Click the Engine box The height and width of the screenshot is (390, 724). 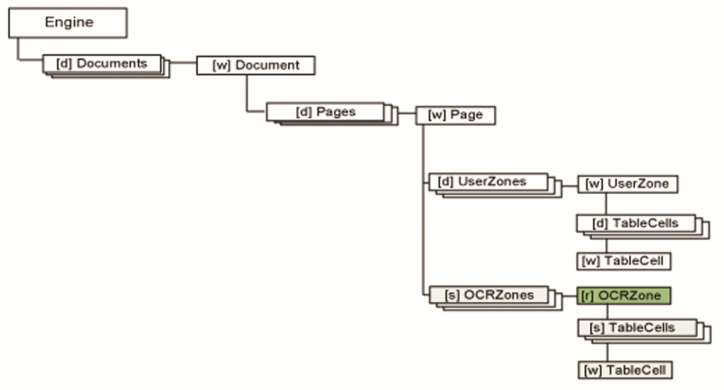pyautogui.click(x=68, y=23)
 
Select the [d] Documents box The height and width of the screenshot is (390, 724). pyautogui.click(x=102, y=63)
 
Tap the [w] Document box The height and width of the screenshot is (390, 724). pyautogui.click(x=256, y=65)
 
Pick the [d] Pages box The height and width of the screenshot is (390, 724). pyautogui.click(x=325, y=112)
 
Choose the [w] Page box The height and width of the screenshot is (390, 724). pyautogui.click(x=455, y=115)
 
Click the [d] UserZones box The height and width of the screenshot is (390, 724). pyautogui.click(x=488, y=182)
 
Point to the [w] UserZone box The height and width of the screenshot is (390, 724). pyautogui.click(x=627, y=184)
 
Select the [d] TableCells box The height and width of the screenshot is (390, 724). pyautogui.click(x=635, y=223)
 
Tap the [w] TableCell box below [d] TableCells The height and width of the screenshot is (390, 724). pyautogui.click(x=623, y=261)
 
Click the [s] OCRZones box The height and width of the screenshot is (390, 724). pyautogui.click(x=488, y=295)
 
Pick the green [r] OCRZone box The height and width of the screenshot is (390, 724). pyautogui.click(x=623, y=296)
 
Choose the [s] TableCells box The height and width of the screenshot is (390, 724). pyautogui.click(x=637, y=328)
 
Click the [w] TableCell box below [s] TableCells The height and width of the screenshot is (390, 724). pyautogui.click(x=625, y=370)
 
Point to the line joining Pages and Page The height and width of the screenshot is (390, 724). pyautogui.click(x=407, y=113)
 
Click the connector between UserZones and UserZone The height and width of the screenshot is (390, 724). pyautogui.click(x=570, y=186)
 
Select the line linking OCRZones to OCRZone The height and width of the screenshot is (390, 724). pyautogui.click(x=570, y=296)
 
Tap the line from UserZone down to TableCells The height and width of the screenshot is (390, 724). pyautogui.click(x=606, y=204)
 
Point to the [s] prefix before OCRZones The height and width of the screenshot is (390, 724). pyautogui.click(x=452, y=295)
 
